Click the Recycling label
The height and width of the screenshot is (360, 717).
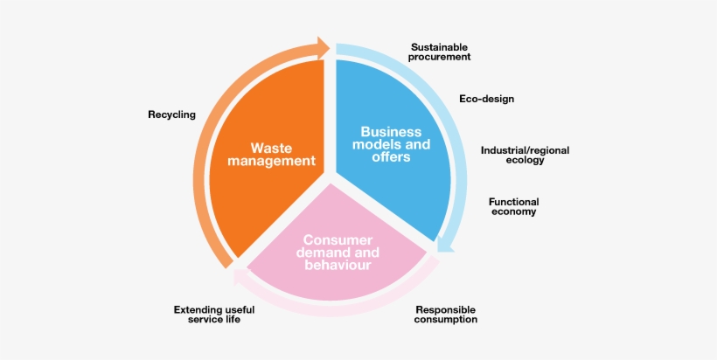click(171, 114)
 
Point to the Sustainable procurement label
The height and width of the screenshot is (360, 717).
click(440, 51)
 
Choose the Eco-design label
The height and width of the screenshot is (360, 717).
click(486, 99)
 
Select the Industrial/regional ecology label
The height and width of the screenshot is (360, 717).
click(525, 155)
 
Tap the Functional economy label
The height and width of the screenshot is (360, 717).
click(513, 206)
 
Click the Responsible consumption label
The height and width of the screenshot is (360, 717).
click(446, 315)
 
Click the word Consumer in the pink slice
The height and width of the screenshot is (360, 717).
click(338, 239)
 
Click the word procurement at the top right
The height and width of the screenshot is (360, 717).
click(440, 57)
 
